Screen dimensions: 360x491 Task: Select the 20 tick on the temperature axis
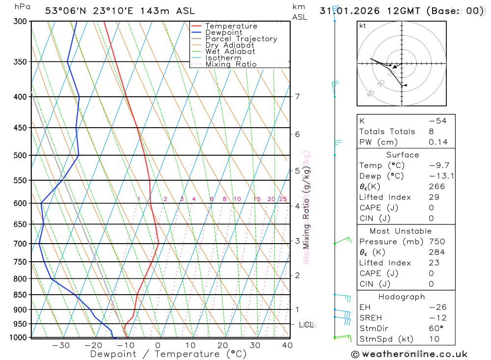[x=222, y=345]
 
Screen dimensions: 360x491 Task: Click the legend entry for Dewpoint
[x=223, y=32]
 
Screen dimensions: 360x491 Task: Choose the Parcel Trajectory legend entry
[x=241, y=39]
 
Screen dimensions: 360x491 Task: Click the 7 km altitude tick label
[x=298, y=96]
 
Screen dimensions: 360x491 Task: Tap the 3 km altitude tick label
[x=298, y=241]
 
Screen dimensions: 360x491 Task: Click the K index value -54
[x=437, y=121]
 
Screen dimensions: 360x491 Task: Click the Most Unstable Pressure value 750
[x=436, y=242]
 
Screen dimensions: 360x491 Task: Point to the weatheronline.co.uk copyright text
[x=409, y=354]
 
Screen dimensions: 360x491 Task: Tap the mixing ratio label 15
[x=257, y=199]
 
